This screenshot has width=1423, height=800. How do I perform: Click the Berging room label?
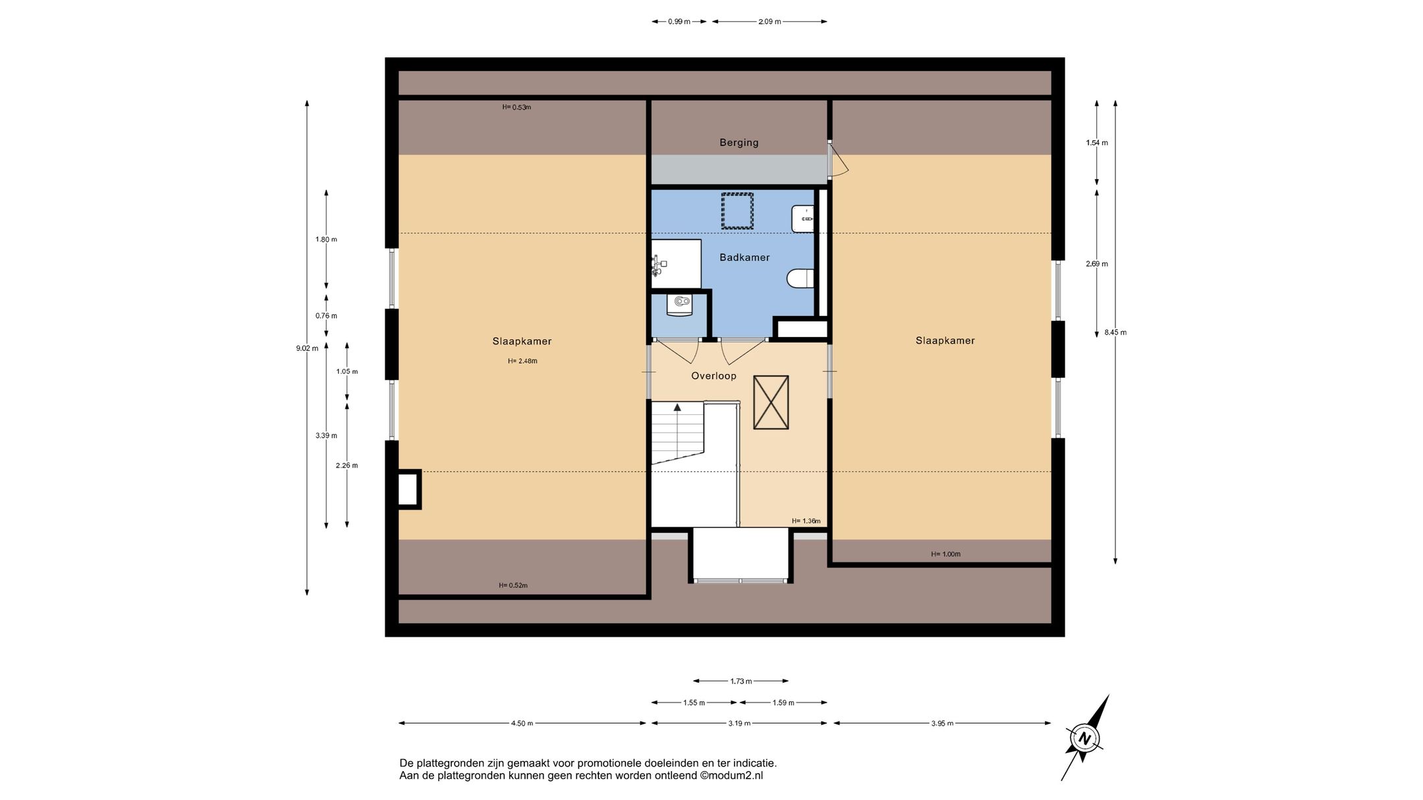(x=739, y=142)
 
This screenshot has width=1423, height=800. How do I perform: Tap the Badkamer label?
(x=744, y=257)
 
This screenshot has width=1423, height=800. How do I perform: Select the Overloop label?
(x=713, y=376)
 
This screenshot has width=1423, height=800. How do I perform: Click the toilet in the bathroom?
(x=800, y=279)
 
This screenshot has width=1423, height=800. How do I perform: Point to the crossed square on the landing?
(x=771, y=403)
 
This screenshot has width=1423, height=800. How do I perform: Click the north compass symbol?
(x=1084, y=738)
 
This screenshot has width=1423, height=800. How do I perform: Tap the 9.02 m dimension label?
(x=307, y=348)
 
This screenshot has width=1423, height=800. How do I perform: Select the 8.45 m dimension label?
(x=1115, y=333)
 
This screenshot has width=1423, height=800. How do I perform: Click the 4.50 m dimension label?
(x=522, y=724)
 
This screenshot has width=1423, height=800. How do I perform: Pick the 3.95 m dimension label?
(x=942, y=724)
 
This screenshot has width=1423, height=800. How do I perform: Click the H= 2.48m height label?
(x=522, y=361)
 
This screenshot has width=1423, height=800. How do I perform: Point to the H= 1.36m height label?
(x=806, y=521)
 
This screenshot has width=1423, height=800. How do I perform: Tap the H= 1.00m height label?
(x=945, y=554)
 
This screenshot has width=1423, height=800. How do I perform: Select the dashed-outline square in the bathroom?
(x=737, y=211)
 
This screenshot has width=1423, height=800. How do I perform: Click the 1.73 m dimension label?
(x=741, y=681)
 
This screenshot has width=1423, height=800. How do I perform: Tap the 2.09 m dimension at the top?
(x=769, y=22)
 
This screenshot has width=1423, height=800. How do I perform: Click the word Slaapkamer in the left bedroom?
(x=522, y=341)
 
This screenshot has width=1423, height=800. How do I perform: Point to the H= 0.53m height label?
(x=516, y=107)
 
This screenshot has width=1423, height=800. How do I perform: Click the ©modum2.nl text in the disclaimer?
(x=731, y=776)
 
